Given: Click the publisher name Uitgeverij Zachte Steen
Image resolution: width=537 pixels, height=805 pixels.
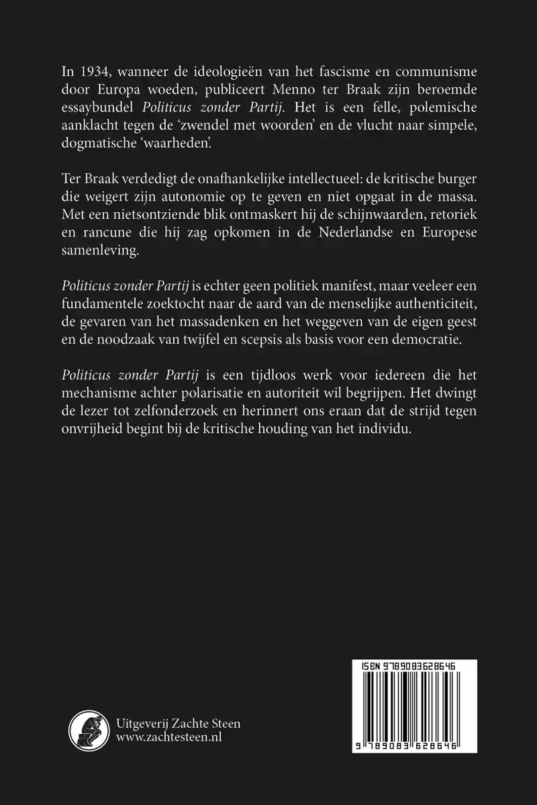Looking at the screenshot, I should pyautogui.click(x=178, y=723).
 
